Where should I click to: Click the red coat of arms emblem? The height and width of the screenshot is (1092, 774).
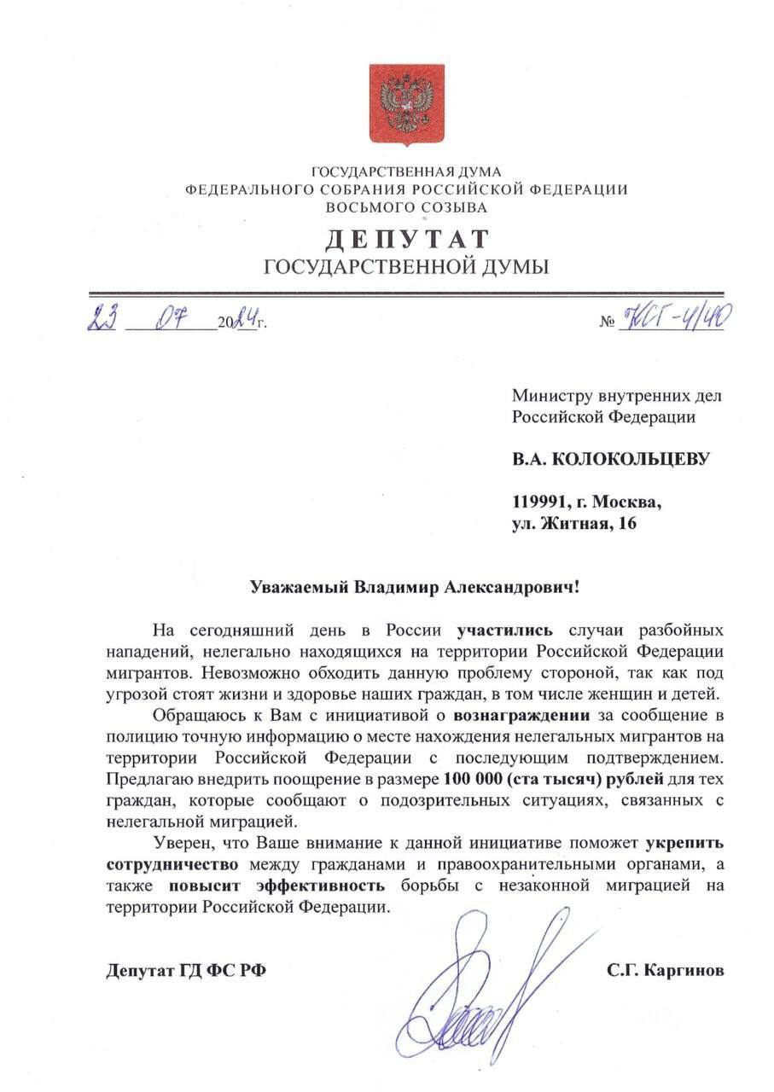pyautogui.click(x=406, y=103)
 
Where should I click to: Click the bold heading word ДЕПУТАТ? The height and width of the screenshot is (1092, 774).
pyautogui.click(x=406, y=240)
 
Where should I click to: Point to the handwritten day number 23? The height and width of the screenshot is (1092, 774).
pyautogui.click(x=102, y=321)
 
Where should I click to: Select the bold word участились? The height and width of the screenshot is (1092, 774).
pyautogui.click(x=506, y=631)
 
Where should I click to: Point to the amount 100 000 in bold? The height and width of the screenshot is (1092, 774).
pyautogui.click(x=473, y=779)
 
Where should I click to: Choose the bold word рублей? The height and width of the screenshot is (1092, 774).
pyautogui.click(x=633, y=779)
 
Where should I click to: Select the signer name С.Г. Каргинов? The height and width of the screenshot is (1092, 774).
pyautogui.click(x=666, y=970)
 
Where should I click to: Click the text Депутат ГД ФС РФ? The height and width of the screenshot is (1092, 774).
pyautogui.click(x=186, y=970)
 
